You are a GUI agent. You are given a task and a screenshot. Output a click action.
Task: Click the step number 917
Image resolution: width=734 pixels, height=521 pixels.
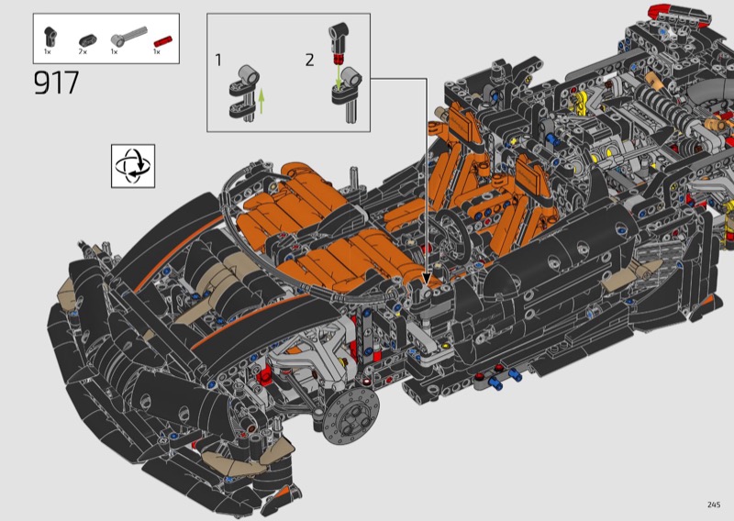point(56,83)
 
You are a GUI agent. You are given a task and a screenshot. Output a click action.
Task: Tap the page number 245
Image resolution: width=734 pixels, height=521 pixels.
point(714,504)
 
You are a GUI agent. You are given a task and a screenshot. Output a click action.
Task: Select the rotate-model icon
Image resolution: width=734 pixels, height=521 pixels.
point(133,166)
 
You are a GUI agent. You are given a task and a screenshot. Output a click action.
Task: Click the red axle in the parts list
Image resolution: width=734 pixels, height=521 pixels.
point(163,41)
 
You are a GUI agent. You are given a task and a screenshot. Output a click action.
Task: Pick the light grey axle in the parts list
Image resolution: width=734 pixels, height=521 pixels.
point(128,36)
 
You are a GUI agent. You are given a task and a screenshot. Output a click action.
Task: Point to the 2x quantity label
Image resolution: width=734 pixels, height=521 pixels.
point(83,51)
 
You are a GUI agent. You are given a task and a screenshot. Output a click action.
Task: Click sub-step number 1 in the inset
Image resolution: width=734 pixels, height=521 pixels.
point(218,60)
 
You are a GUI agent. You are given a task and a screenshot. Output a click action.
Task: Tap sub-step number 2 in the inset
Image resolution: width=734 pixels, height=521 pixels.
point(309,60)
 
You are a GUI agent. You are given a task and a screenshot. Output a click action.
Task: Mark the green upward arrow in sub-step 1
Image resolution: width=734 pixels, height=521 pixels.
point(261,101)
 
